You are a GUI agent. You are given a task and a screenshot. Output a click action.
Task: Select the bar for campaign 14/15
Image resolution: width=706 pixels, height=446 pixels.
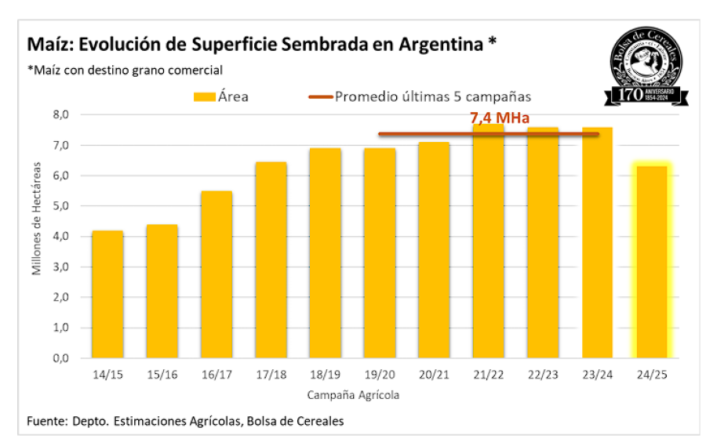tap(107, 294)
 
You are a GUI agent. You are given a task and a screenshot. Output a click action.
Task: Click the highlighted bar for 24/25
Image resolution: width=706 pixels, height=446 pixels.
tap(652, 262)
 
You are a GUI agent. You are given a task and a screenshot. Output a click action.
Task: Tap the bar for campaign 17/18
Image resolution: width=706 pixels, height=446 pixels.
tap(271, 259)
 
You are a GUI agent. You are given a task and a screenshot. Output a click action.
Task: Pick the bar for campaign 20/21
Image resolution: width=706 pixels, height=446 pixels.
tap(434, 249)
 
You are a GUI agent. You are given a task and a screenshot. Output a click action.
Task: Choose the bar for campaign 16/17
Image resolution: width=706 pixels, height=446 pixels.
tap(217, 274)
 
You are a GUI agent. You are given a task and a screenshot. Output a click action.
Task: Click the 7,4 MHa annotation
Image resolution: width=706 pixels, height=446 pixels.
tap(500, 119)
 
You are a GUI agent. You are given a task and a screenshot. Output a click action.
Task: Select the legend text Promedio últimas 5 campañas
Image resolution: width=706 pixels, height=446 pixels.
tap(433, 97)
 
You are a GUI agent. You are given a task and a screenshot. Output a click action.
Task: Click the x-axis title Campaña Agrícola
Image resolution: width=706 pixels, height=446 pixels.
tap(353, 395)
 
